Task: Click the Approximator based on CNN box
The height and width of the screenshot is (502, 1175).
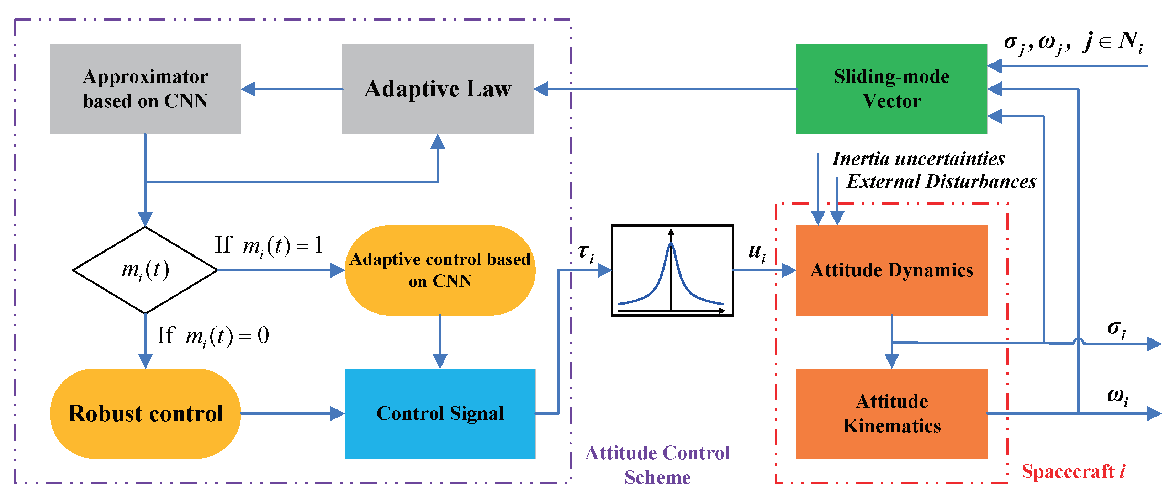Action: point(145,89)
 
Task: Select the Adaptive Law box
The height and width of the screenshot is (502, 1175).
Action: point(438,89)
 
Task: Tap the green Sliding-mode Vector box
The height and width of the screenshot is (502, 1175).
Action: point(891,89)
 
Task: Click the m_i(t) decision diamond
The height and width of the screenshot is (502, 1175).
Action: point(145,270)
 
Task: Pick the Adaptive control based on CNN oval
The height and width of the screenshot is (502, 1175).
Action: point(440,270)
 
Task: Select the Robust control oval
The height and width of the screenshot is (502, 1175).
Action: point(145,413)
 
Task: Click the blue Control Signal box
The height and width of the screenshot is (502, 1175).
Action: point(440,413)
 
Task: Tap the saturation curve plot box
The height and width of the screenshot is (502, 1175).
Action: point(672,270)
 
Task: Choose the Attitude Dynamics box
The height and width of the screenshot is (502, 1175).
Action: point(891,270)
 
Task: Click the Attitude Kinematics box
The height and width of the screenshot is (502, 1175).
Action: point(891,413)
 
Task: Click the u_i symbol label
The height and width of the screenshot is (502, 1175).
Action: point(757,252)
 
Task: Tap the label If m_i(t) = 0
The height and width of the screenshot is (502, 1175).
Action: point(213,336)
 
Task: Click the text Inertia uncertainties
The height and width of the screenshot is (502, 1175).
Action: point(918,159)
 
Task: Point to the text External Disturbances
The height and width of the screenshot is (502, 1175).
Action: point(941,182)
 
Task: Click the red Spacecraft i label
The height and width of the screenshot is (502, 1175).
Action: point(1073,471)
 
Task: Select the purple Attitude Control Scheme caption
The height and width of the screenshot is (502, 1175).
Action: point(657,465)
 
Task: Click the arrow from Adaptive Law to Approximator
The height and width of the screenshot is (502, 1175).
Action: point(292,89)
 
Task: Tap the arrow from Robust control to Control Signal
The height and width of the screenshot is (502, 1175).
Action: point(292,413)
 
